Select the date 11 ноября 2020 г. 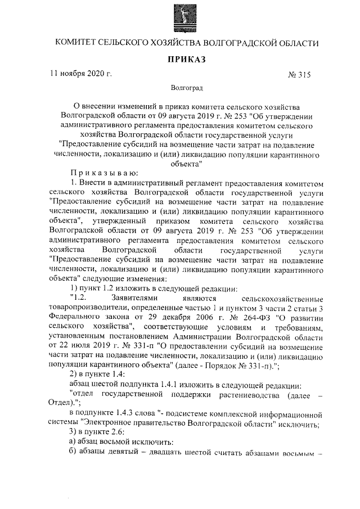80,74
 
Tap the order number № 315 299,75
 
